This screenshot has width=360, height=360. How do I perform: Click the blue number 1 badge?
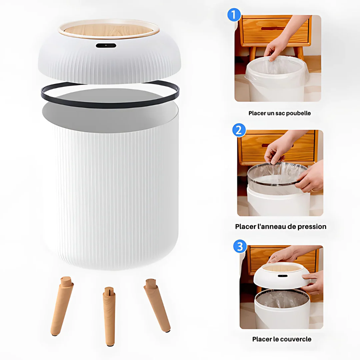tap(234, 15)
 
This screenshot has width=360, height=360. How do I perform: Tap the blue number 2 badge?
tap(239, 130)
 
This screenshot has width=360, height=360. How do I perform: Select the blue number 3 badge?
tap(240, 246)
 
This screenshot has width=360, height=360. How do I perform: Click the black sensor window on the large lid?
tap(106, 45)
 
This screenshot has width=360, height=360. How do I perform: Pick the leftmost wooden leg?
tap(62, 306)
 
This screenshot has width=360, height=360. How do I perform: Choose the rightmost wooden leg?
tap(157, 305)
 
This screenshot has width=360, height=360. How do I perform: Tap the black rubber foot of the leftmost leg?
tap(55, 335)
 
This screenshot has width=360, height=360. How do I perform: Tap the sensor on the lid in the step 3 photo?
tap(283, 276)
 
